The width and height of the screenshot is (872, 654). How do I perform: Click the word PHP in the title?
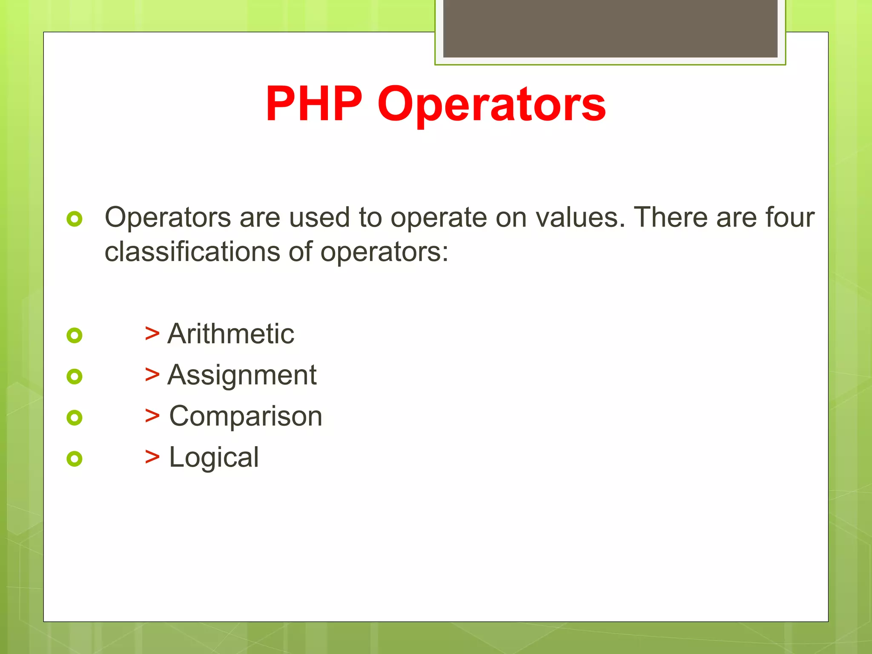point(314,104)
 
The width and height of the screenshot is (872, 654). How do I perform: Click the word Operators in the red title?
point(491,105)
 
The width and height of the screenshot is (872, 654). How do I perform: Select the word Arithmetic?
point(230,333)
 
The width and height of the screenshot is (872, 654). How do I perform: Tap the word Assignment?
point(242,375)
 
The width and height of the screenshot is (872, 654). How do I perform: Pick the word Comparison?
point(246,416)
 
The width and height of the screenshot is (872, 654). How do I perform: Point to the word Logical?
point(214,457)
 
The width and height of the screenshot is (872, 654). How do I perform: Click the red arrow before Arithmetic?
point(152,333)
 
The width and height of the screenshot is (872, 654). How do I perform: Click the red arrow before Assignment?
point(152,375)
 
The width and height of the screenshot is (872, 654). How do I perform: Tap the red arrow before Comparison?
point(152,416)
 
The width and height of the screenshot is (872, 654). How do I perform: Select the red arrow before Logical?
point(152,457)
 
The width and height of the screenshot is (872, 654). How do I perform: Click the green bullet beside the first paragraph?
point(75,219)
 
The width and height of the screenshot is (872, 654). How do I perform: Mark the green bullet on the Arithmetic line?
point(75,336)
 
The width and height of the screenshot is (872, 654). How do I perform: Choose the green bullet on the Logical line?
point(75,459)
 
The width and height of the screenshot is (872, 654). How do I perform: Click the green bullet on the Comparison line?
point(75,418)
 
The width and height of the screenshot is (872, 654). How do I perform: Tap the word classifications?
point(192,252)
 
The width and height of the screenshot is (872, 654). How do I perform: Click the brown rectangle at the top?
point(610,28)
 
